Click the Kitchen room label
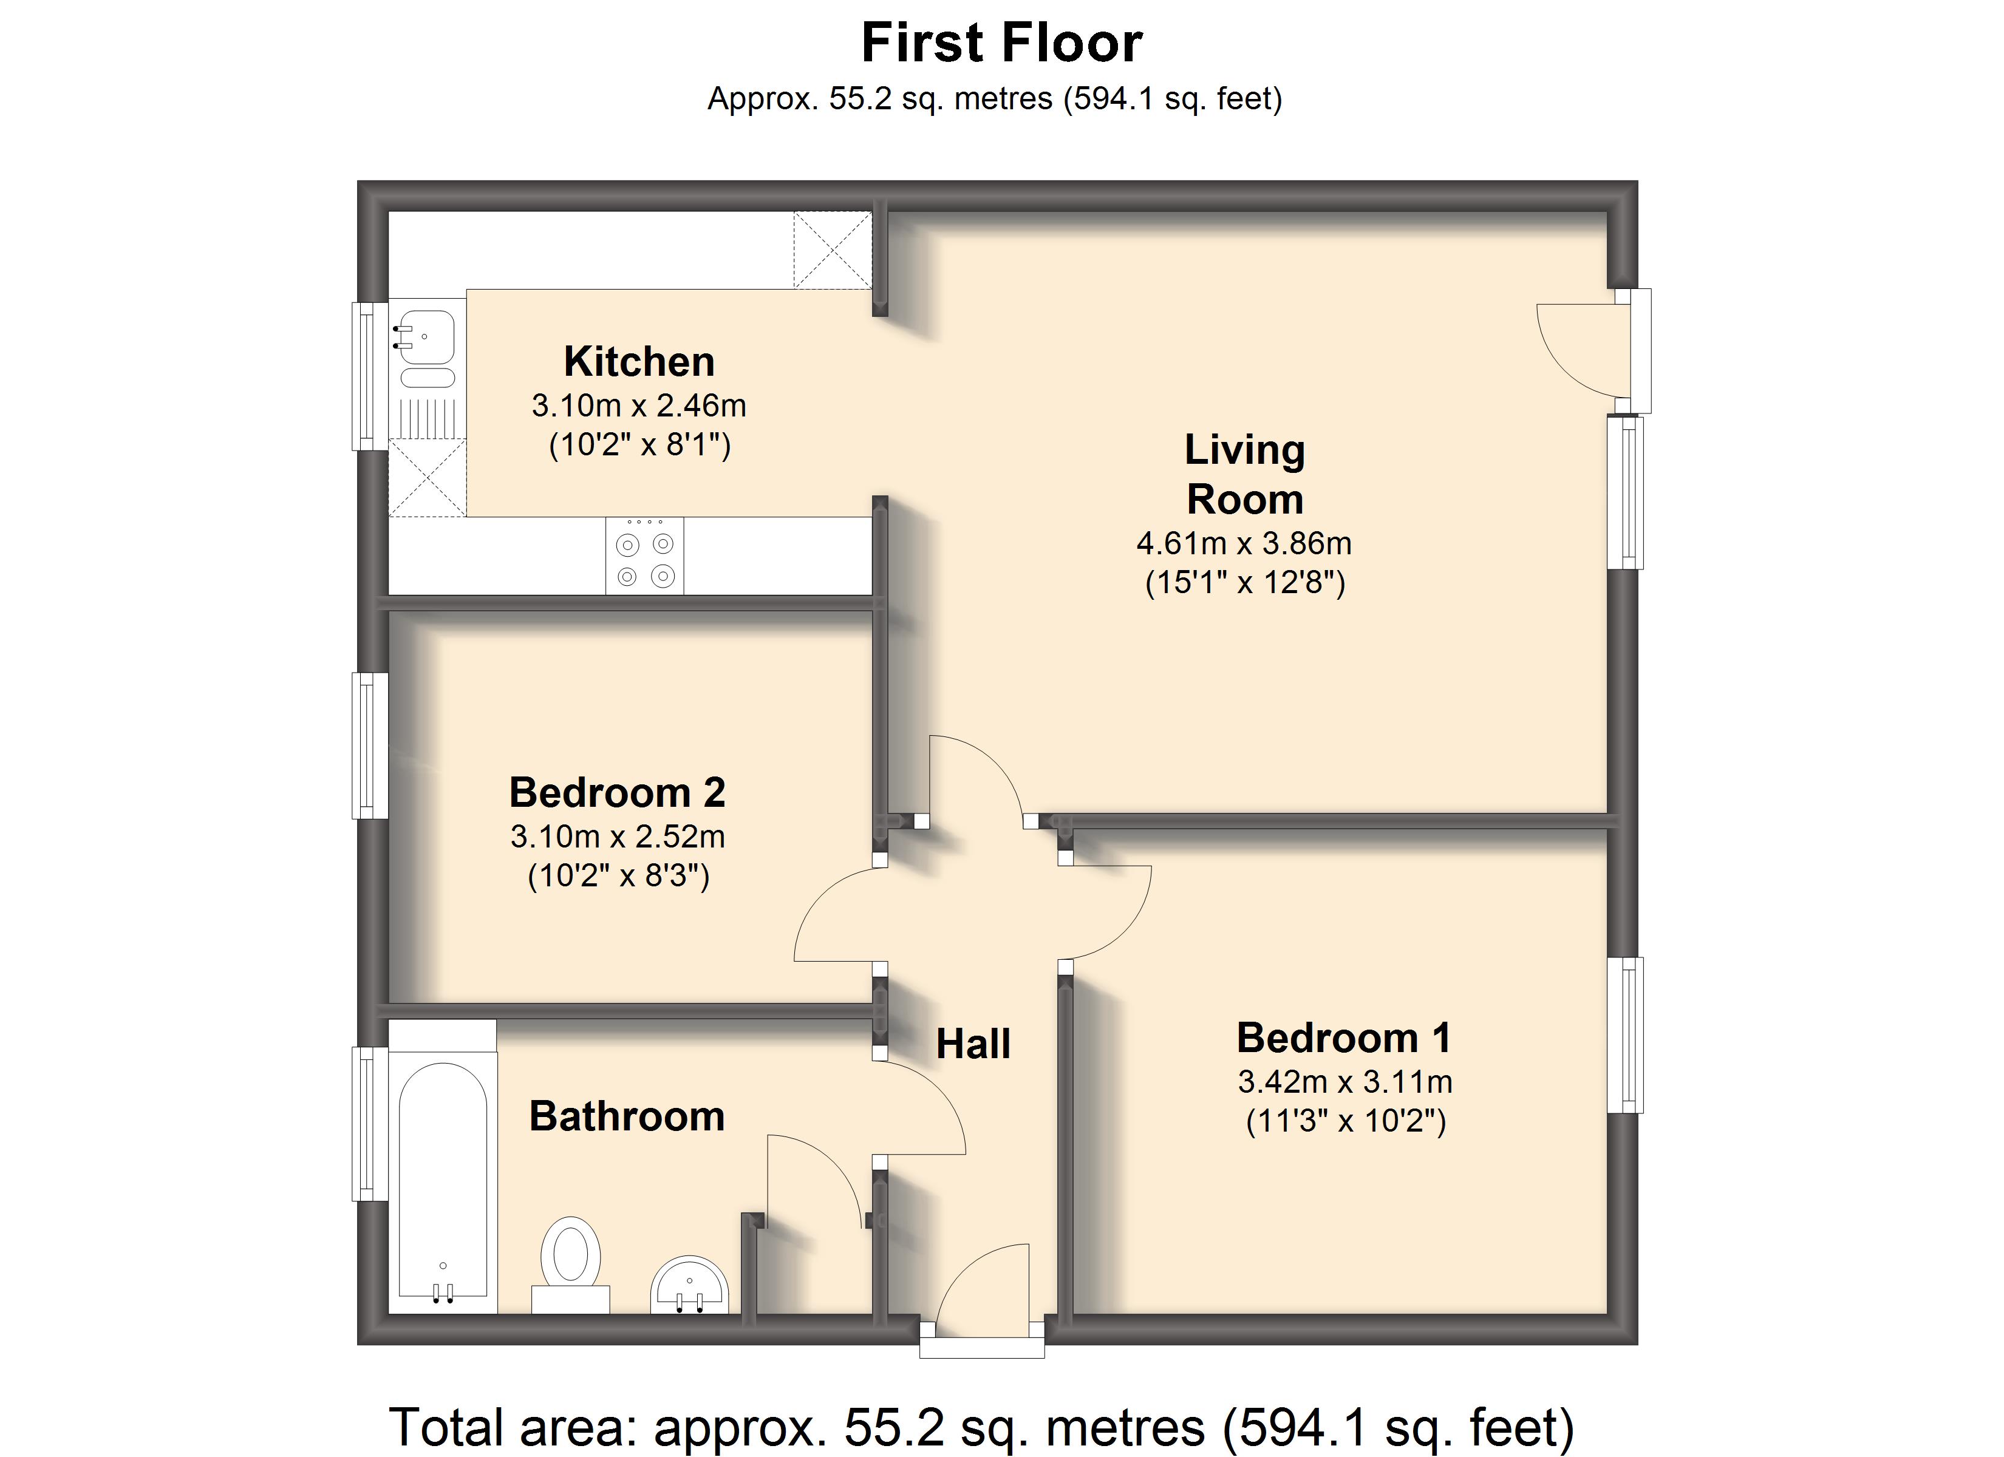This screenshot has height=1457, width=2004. (639, 361)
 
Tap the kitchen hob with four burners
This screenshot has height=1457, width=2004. (645, 555)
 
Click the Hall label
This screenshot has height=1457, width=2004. (973, 1044)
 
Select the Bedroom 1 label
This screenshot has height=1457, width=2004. (1343, 1038)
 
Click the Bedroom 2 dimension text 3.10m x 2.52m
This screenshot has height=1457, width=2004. (618, 836)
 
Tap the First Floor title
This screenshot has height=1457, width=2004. (1002, 42)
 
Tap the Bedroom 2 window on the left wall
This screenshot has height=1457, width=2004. (370, 745)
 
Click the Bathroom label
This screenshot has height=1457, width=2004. (627, 1116)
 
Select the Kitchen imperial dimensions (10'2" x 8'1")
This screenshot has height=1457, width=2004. (639, 444)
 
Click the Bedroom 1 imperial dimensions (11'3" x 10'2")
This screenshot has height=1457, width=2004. (1346, 1121)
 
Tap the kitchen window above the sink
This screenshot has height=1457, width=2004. (370, 376)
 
